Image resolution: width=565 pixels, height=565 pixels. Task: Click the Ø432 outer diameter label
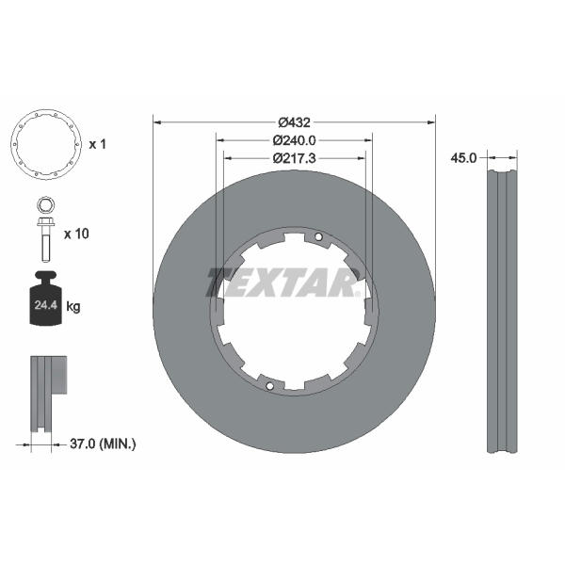(294, 122)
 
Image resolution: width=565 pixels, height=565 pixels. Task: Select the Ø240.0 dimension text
(294, 140)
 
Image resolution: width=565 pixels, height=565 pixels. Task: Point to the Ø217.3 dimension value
(294, 158)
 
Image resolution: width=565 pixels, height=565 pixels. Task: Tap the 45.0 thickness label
(463, 158)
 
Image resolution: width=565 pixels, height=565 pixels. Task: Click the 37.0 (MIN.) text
(103, 444)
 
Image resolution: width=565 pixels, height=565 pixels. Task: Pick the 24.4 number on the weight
(46, 305)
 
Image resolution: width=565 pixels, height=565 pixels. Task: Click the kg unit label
(73, 307)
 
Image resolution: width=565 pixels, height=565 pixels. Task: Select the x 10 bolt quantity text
(76, 234)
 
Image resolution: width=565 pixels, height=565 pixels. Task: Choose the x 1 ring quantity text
(97, 144)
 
